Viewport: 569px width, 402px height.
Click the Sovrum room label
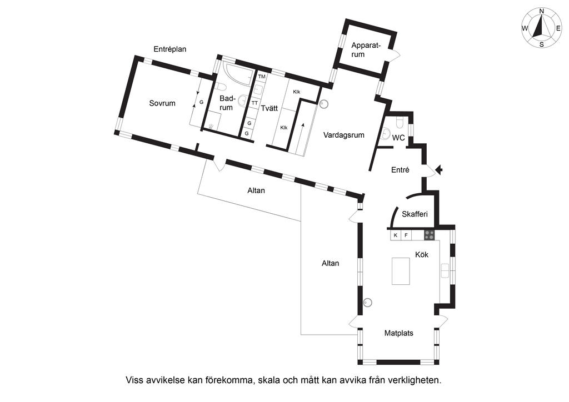[162, 103]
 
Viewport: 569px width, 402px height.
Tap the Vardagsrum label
[344, 135]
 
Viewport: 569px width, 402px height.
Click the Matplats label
[399, 334]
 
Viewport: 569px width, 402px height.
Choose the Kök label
[421, 254]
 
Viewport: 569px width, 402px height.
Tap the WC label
[398, 138]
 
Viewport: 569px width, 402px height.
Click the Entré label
[400, 170]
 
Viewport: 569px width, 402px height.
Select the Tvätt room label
[269, 109]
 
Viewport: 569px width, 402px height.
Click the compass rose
[541, 28]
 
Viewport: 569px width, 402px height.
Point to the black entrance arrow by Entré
[439, 170]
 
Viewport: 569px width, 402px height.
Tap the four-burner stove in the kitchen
[430, 235]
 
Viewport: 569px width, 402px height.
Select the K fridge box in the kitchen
[396, 235]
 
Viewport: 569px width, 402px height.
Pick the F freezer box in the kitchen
[406, 235]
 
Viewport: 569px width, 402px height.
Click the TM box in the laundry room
[262, 76]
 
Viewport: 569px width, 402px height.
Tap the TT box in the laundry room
[254, 103]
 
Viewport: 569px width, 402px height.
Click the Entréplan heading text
[170, 49]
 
